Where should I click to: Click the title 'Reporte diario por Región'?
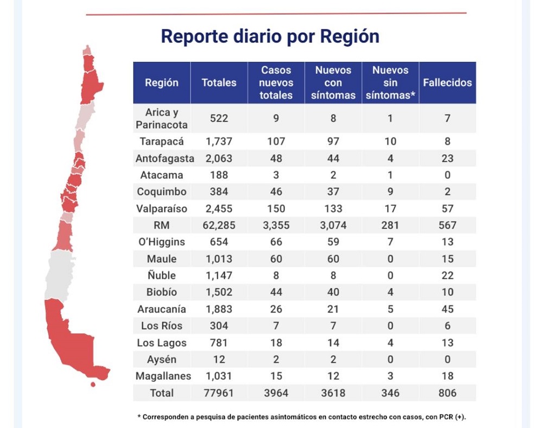pos(270,36)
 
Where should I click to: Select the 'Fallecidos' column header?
pos(447,83)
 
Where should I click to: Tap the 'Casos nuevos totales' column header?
pos(276,83)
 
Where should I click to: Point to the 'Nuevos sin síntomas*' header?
pos(390,83)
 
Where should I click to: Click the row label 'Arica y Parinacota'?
pos(162,118)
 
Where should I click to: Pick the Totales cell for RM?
pos(219,225)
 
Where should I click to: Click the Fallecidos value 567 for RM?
pos(447,225)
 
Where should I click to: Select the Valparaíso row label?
pos(162,209)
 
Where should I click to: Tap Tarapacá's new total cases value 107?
pos(276,142)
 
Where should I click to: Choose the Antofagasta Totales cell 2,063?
pos(219,159)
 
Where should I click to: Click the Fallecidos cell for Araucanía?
pos(447,309)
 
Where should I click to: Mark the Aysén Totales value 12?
pos(219,360)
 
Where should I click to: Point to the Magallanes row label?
pos(162,376)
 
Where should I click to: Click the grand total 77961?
pos(219,393)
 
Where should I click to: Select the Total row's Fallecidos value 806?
pos(447,393)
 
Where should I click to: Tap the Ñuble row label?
pos(162,276)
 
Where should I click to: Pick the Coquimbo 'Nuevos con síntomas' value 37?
pos(333,192)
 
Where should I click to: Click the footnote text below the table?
pos(301,417)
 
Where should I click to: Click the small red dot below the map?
pos(93,385)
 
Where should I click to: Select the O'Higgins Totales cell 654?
pos(219,242)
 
